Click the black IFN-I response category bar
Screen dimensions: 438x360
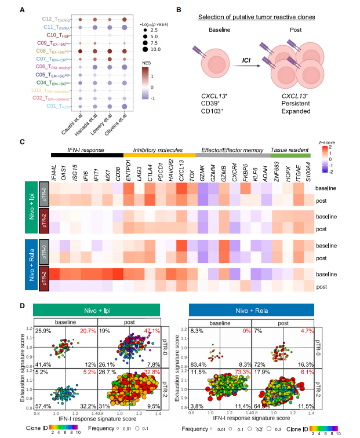[87, 155]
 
